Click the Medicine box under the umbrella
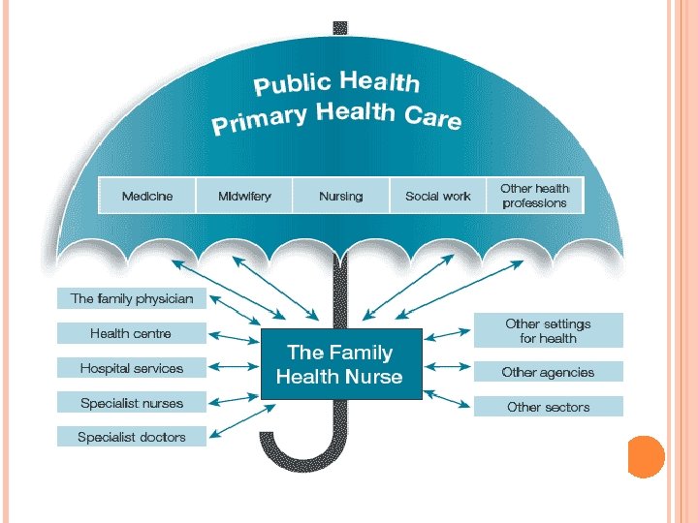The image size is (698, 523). [147, 196]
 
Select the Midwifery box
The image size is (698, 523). [244, 196]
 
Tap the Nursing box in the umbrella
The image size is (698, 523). [340, 196]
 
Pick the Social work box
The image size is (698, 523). [437, 196]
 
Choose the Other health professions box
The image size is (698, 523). [535, 196]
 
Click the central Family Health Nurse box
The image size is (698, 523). [339, 364]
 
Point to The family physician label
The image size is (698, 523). [132, 298]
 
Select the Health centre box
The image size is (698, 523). [132, 333]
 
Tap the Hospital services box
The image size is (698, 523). [132, 368]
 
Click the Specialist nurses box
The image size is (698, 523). [132, 403]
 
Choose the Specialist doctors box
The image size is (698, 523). [132, 437]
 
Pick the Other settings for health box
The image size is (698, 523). [548, 331]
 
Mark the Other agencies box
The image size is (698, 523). [548, 372]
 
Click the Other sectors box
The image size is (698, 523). [548, 407]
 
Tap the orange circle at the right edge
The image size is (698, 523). [645, 456]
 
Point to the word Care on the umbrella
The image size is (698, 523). [431, 118]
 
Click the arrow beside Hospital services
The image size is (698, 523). [234, 368]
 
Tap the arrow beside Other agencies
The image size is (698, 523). [447, 368]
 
